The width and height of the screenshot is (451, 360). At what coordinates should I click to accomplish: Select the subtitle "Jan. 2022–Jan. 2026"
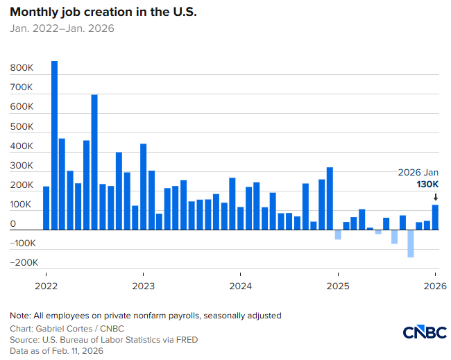[x=62, y=28]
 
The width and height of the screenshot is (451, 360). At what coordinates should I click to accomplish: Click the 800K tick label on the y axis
[x=22, y=69]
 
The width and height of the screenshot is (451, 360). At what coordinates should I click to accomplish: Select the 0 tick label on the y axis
[x=12, y=224]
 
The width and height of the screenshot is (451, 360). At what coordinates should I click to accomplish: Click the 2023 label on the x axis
[x=143, y=285]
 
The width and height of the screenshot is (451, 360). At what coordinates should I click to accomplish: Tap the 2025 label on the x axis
[x=338, y=285]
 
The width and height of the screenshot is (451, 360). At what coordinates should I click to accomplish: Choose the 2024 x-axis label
[x=241, y=285]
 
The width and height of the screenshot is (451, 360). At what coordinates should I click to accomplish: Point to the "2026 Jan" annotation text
[x=418, y=172]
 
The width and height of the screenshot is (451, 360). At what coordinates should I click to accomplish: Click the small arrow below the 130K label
[x=435, y=197]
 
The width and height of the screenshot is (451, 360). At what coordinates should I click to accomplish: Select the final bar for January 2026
[x=435, y=216]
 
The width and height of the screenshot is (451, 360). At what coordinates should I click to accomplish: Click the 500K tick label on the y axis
[x=22, y=127]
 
